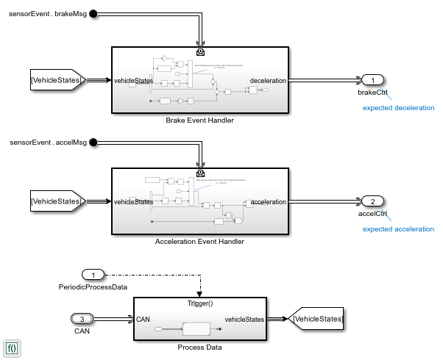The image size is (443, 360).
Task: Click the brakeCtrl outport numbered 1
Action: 373,80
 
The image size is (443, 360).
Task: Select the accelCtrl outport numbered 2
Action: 373,201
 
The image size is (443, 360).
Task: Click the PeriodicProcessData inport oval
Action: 93,275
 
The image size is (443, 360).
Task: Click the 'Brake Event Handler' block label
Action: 199,120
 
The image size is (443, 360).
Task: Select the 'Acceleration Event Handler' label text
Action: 199,241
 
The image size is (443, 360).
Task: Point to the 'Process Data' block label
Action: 199,347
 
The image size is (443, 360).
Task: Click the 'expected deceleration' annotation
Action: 399,108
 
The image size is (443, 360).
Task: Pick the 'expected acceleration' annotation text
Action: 399,228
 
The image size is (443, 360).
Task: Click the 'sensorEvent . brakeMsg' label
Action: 46,14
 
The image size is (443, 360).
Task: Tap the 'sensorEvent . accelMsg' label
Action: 46,141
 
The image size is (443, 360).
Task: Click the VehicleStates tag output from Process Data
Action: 317,319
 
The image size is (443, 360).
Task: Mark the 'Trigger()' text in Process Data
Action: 200,303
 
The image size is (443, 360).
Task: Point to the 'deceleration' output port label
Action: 267,80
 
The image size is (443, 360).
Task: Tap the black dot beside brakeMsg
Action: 93,14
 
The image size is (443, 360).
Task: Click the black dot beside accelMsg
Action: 93,141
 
